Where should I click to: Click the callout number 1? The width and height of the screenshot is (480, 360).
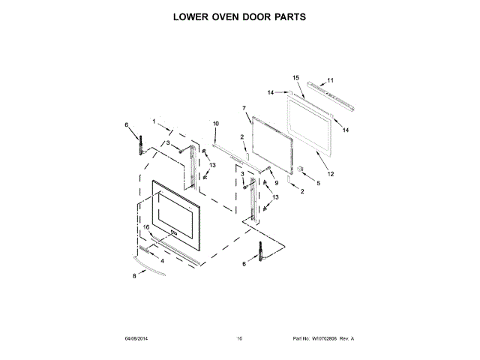click(x=154, y=121)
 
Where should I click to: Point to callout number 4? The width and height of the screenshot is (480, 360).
click(x=162, y=260)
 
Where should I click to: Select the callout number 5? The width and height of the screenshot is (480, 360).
click(x=317, y=183)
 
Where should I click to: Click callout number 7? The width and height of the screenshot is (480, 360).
click(x=244, y=109)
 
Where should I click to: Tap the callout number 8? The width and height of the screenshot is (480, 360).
click(x=134, y=276)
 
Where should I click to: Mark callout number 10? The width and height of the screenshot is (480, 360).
click(x=215, y=123)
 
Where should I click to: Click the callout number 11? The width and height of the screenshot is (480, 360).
click(x=331, y=80)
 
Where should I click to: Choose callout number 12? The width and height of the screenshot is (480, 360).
click(x=331, y=174)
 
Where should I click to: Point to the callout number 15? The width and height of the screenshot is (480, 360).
click(x=295, y=78)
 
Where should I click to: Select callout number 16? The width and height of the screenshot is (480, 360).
click(x=147, y=226)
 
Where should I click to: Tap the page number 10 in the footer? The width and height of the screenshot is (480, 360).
click(x=239, y=339)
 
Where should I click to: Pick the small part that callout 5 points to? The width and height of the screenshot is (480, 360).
click(x=299, y=169)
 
